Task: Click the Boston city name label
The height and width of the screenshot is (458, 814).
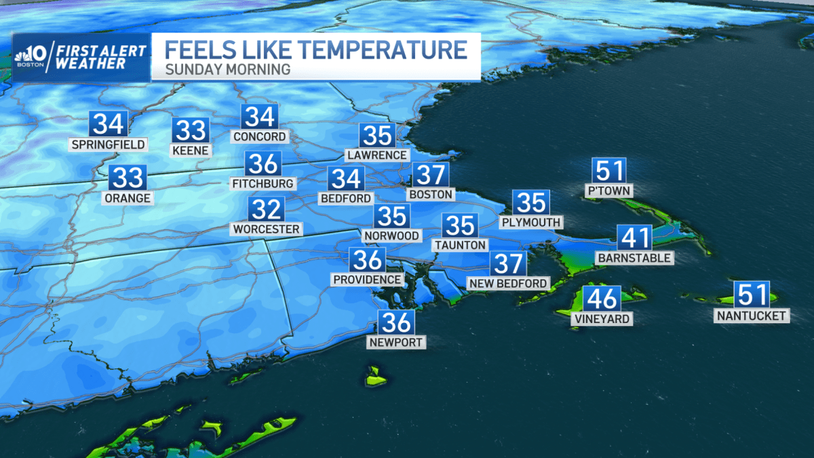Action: tap(430, 194)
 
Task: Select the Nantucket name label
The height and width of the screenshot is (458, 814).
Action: tap(752, 316)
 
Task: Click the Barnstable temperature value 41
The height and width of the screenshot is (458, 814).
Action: tap(634, 239)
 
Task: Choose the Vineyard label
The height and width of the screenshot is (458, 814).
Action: tap(601, 319)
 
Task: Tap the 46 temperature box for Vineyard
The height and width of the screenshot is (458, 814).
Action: tap(602, 299)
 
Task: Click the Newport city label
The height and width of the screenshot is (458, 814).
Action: tap(397, 342)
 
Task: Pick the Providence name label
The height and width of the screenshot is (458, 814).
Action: tap(367, 280)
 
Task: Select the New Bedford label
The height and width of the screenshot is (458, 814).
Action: tap(507, 283)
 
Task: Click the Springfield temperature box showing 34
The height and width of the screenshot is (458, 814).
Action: tap(109, 125)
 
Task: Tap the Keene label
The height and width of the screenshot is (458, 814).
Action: tap(191, 150)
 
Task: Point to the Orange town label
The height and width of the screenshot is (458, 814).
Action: tap(128, 198)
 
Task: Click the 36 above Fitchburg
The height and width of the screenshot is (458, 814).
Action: tap(263, 164)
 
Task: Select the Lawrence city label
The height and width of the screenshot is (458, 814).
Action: tap(377, 155)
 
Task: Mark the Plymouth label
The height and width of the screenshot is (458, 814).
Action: tap(530, 222)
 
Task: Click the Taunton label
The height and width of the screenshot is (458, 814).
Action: tap(461, 245)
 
